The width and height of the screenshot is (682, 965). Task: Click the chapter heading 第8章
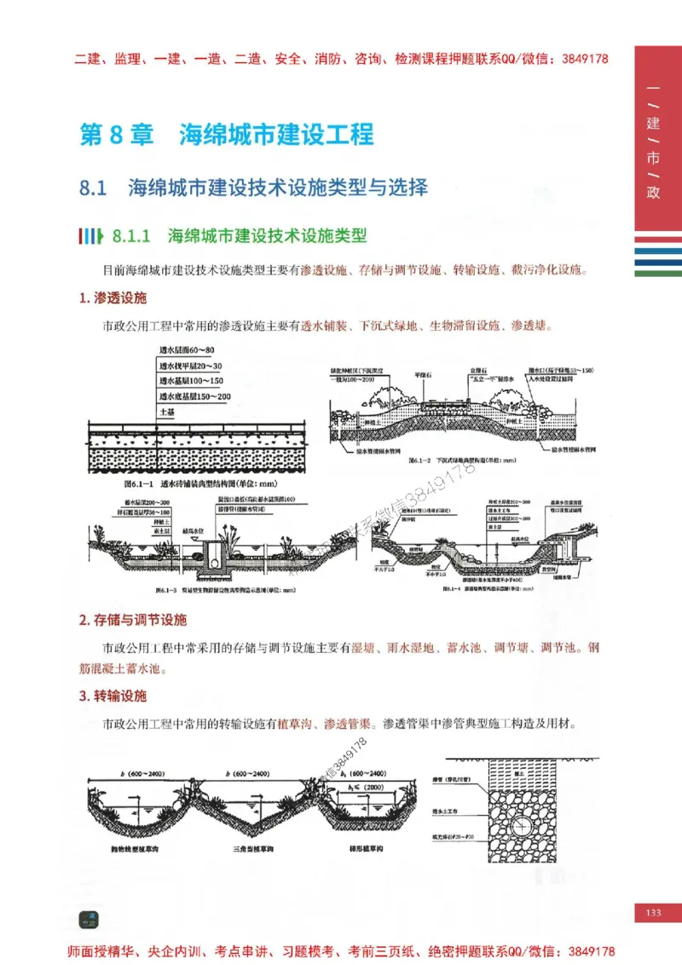pyautogui.click(x=116, y=136)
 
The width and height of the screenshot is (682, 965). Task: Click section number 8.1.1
pyautogui.click(x=130, y=235)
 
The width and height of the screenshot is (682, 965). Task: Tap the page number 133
pyautogui.click(x=653, y=913)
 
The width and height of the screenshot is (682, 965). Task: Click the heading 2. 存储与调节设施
pyautogui.click(x=132, y=620)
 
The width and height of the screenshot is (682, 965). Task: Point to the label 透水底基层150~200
pyautogui.click(x=194, y=396)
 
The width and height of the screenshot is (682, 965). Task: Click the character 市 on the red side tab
pyautogui.click(x=653, y=159)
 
